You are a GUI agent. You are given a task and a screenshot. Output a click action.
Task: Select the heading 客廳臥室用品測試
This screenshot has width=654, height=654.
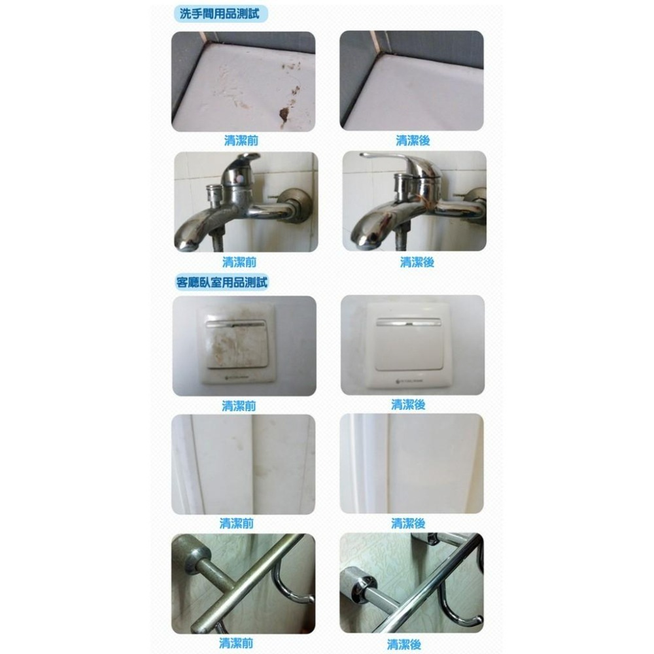(x=222, y=283)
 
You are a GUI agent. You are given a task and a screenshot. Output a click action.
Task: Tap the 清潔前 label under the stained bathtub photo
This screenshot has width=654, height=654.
(x=241, y=140)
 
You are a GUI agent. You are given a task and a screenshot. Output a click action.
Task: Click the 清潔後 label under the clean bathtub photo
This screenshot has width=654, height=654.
(x=413, y=141)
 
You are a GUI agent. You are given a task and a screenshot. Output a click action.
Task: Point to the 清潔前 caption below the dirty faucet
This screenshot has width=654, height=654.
(x=239, y=262)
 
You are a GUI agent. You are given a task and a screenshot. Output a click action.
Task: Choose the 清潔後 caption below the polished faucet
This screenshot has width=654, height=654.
(x=417, y=262)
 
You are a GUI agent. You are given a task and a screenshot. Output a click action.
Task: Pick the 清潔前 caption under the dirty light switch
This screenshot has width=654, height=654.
(x=239, y=406)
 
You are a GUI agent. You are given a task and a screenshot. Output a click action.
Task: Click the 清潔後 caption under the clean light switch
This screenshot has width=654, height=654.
(x=408, y=404)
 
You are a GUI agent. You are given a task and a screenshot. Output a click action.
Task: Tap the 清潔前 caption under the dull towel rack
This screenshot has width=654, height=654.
(x=236, y=643)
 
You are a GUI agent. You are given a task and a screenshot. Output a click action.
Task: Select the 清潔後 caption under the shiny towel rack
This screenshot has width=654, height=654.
(x=404, y=644)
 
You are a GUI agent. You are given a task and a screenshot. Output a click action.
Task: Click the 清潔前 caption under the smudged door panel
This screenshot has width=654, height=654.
(x=237, y=523)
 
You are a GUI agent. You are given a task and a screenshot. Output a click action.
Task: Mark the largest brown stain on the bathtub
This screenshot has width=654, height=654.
(x=284, y=114)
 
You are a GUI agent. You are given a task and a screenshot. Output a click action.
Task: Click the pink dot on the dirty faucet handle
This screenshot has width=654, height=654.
(x=239, y=178)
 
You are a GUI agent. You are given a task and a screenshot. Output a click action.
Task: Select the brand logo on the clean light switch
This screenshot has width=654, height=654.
(x=409, y=381)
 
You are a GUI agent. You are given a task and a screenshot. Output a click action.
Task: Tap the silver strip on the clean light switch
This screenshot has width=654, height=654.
(x=409, y=322)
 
